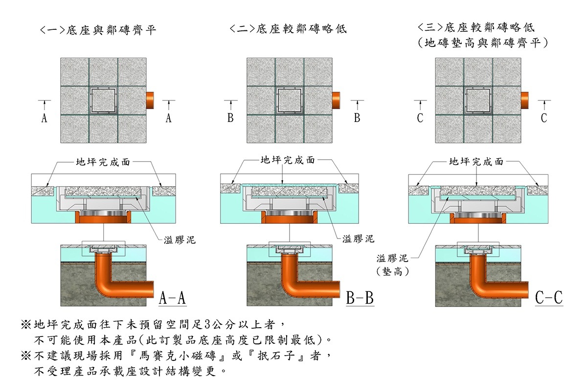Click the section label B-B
[360, 297]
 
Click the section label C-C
[549, 297]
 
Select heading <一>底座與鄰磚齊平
[98, 30]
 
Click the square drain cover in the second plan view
[290, 100]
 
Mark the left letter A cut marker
[44, 118]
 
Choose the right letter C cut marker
[544, 118]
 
